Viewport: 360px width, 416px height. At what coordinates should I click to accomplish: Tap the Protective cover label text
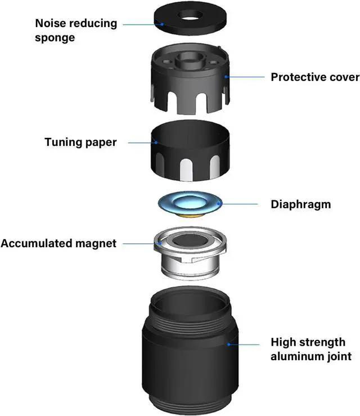pyautogui.click(x=314, y=77)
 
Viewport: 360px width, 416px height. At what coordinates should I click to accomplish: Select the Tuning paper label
pyautogui.click(x=80, y=142)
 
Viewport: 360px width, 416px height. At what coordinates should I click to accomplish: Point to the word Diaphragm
pyautogui.click(x=300, y=204)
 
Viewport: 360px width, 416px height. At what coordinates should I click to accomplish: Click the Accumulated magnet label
pyautogui.click(x=58, y=243)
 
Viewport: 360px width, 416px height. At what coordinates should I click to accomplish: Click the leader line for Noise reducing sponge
pyautogui.click(x=141, y=24)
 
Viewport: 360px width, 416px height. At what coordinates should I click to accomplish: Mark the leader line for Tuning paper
pyautogui.click(x=141, y=142)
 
